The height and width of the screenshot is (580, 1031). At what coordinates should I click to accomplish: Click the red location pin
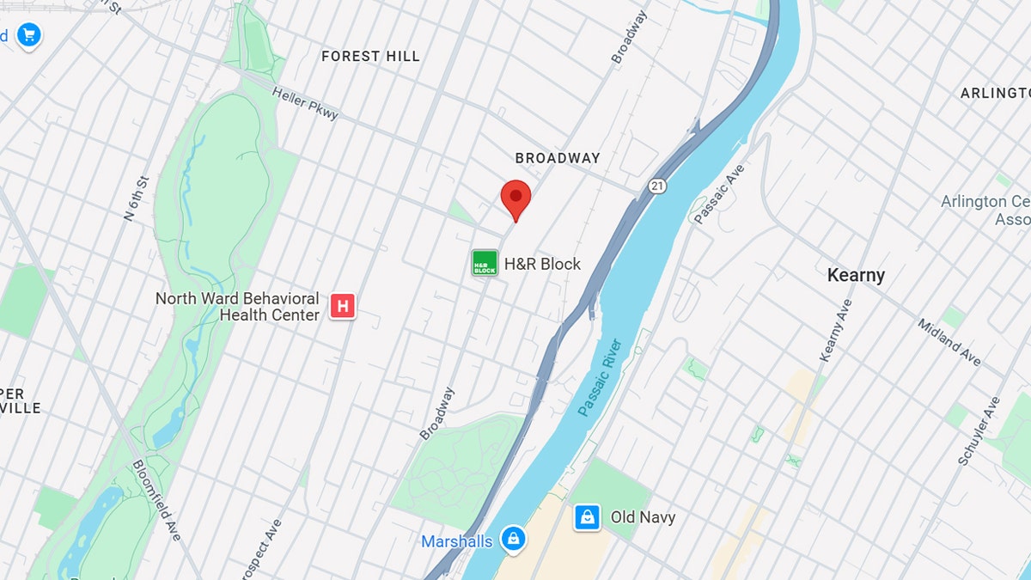(x=515, y=199)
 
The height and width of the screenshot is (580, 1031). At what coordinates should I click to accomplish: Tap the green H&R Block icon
(x=485, y=263)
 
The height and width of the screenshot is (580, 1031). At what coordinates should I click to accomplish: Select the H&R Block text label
(x=542, y=264)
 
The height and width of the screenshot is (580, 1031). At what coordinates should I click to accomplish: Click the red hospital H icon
(x=343, y=305)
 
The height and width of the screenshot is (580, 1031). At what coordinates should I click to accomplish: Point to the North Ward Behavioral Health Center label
(x=237, y=306)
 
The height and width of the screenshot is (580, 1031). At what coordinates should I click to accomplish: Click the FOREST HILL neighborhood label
(x=370, y=57)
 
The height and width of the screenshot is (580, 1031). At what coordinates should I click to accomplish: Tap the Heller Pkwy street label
(x=305, y=103)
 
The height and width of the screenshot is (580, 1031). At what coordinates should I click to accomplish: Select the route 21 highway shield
(x=657, y=186)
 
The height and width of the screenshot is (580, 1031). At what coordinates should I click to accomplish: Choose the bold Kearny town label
(x=856, y=275)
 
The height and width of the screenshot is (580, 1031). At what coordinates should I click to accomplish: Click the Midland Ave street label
(x=949, y=342)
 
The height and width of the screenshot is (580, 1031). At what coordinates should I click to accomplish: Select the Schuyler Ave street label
(x=979, y=430)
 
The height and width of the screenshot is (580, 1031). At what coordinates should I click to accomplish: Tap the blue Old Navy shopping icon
(x=587, y=517)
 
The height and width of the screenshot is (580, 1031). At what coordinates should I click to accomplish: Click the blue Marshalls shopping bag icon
(x=513, y=540)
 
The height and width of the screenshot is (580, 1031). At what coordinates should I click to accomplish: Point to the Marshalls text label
(x=456, y=541)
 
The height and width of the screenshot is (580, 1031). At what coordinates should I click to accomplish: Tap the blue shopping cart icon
(x=28, y=35)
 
